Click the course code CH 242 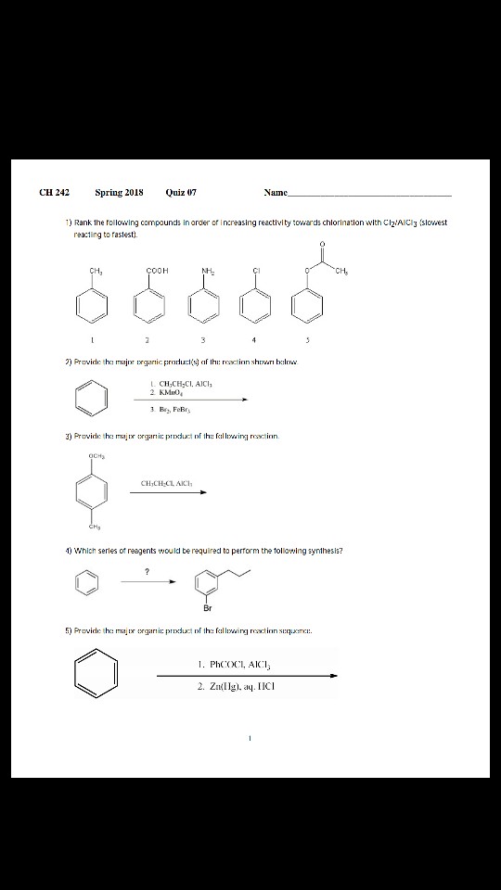(x=55, y=193)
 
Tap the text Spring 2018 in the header (x=119, y=193)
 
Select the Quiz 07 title (x=181, y=193)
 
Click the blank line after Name (x=371, y=195)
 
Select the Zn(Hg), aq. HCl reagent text (x=237, y=687)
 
